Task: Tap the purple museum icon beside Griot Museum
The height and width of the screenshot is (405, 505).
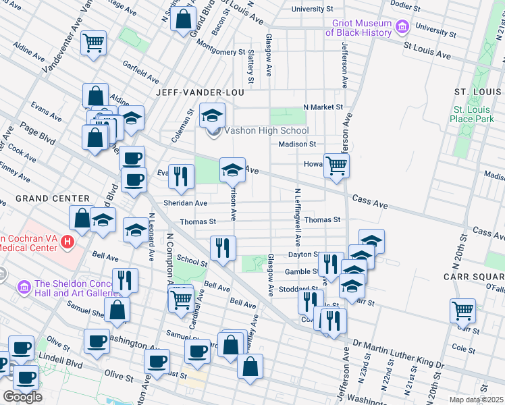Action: [x=402, y=28]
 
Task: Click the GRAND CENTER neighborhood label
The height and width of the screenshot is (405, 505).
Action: [x=53, y=198]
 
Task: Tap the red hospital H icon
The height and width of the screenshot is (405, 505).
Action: [x=67, y=241]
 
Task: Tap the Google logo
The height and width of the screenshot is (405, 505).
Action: [x=22, y=396]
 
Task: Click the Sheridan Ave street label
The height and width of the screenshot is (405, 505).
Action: [x=192, y=202]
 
